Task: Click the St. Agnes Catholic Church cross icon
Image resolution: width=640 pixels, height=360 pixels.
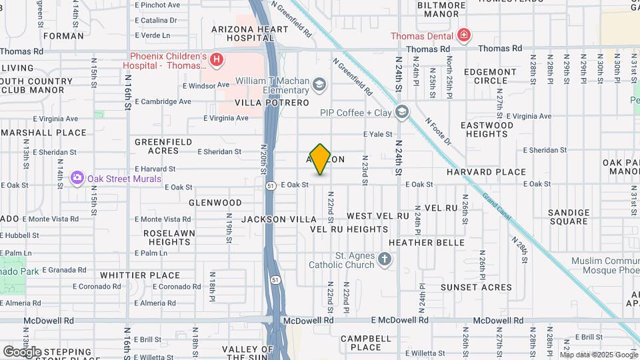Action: pos(385,260)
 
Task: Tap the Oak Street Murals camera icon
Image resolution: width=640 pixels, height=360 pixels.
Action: pos(77,178)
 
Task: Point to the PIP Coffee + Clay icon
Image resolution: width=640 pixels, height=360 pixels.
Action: pos(401,112)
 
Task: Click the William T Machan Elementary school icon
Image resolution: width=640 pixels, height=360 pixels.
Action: pos(321,84)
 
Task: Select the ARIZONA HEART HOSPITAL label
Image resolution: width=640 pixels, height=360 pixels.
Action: pos(250,34)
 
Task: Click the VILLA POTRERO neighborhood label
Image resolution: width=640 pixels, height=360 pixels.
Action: pos(271,103)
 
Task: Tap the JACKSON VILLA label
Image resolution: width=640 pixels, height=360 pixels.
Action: pos(279,219)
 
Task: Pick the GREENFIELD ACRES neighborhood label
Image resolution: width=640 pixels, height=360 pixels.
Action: pos(163,146)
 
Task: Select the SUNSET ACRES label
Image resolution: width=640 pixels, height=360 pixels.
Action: pos(476,287)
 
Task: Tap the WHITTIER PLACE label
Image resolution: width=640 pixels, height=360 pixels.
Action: pos(140,275)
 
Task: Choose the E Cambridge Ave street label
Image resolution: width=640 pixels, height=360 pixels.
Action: pos(163,102)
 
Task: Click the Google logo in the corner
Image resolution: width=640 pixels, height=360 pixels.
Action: pos(22,351)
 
